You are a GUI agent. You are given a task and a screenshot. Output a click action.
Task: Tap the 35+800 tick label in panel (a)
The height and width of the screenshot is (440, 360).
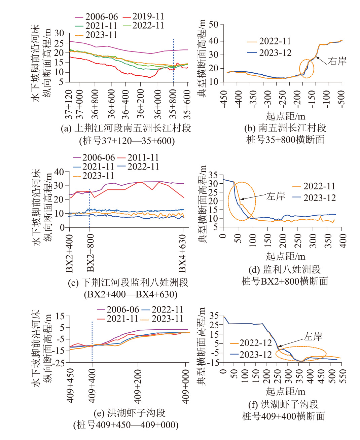coord(173,104)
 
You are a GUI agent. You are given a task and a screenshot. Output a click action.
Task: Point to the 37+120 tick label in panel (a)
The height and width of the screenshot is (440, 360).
coord(69,104)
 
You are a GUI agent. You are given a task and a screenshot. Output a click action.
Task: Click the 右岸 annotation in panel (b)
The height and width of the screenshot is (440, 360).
coord(337,61)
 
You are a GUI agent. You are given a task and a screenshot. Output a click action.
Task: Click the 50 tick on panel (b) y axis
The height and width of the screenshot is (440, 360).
coord(213,25)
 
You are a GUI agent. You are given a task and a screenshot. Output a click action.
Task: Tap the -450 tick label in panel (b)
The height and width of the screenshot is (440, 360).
coord(224,99)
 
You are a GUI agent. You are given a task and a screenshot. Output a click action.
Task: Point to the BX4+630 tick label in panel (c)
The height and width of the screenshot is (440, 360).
coord(182,253)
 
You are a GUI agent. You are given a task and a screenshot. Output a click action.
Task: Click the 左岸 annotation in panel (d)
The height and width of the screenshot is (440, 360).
coord(276,196)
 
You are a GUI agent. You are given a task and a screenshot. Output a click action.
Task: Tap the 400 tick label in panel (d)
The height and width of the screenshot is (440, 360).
coord(343,241)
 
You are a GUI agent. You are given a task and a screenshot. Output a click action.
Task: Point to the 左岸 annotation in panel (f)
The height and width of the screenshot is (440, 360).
coord(313,336)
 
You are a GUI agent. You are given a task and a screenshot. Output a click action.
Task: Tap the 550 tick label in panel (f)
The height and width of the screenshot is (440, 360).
coord(343,376)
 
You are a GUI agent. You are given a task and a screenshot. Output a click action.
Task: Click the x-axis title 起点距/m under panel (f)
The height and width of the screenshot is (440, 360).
coord(285,391)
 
